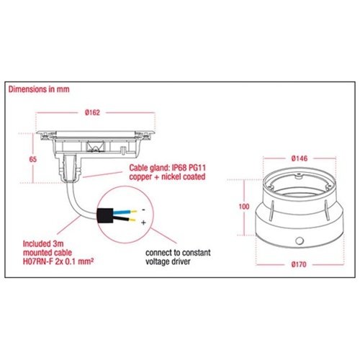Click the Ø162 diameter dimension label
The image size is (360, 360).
tap(92, 112)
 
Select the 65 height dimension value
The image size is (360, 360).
tap(33, 159)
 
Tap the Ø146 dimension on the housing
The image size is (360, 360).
tap(300, 158)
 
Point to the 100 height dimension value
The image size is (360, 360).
tap(244, 207)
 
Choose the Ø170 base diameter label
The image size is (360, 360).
tap(299, 264)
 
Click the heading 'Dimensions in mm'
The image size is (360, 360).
tap(39, 89)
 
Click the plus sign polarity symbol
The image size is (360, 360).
tap(143, 223)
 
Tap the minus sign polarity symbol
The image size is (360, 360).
tap(143, 210)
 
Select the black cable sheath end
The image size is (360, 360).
tap(105, 215)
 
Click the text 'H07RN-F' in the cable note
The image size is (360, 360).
tap(37, 261)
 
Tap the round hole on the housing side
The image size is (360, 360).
tap(300, 240)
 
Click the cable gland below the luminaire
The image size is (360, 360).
tap(70, 168)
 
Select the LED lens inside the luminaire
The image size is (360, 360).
tap(95, 146)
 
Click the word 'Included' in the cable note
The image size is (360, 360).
tap(36, 244)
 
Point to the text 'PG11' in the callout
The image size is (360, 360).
tap(197, 168)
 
